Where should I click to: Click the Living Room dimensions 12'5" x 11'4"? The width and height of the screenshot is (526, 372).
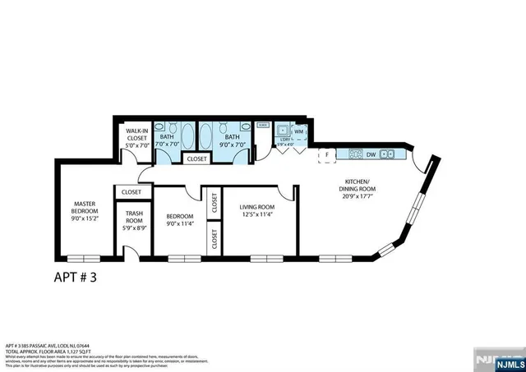(256, 214)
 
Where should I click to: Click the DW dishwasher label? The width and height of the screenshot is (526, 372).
(371, 154)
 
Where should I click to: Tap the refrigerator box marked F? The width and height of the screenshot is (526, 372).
(327, 154)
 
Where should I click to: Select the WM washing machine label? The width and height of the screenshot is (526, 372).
(299, 131)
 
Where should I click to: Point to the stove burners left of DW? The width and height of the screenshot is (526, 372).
(355, 154)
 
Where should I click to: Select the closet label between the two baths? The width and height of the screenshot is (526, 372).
(196, 158)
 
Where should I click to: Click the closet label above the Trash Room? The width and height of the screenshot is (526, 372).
(131, 191)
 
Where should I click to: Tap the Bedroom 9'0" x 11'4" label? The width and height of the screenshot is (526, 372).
(178, 218)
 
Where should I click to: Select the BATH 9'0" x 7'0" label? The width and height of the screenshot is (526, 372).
(233, 140)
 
